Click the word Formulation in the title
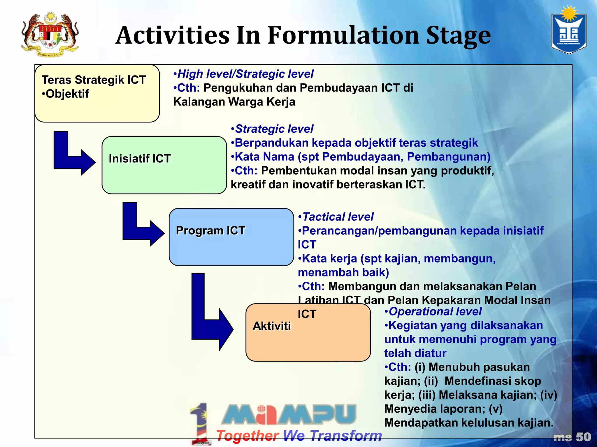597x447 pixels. point(344,36)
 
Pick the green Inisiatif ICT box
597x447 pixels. point(164,165)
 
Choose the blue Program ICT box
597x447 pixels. point(231,237)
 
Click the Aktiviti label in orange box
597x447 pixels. point(272,326)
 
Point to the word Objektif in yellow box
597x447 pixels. point(67,94)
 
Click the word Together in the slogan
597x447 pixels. point(248,436)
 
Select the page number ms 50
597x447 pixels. point(572,437)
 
